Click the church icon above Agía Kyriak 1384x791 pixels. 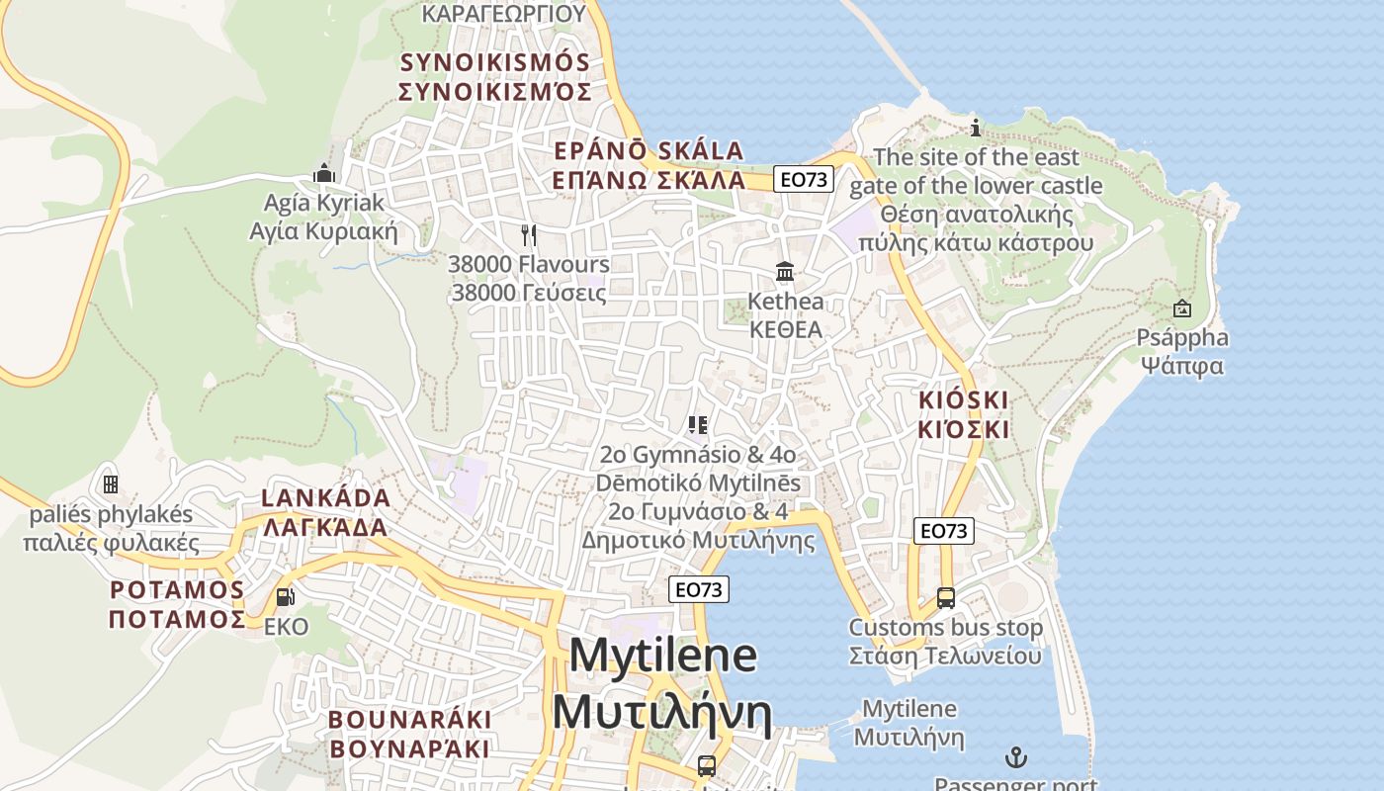click(324, 174)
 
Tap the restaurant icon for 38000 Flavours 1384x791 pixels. click(529, 235)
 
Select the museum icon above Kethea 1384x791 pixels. click(786, 271)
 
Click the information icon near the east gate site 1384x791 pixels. click(976, 128)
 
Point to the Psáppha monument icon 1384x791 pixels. click(1181, 308)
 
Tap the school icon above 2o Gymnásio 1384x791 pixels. click(698, 425)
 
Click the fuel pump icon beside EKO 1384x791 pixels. click(285, 596)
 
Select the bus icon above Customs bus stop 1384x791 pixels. click(946, 598)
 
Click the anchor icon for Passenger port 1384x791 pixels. click(1016, 758)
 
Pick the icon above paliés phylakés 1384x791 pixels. click(111, 484)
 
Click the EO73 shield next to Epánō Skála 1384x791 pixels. click(804, 179)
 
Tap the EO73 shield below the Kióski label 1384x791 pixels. click(943, 531)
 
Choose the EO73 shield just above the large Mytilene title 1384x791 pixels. click(699, 589)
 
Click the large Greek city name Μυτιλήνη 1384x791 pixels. click(661, 711)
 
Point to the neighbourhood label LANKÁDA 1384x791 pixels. click(326, 497)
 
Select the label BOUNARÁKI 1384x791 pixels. click(409, 719)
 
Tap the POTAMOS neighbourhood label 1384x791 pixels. click(177, 590)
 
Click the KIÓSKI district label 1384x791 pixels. click(964, 399)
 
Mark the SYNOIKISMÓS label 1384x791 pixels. click(494, 62)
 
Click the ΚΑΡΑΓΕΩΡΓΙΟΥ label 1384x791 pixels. click(504, 13)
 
